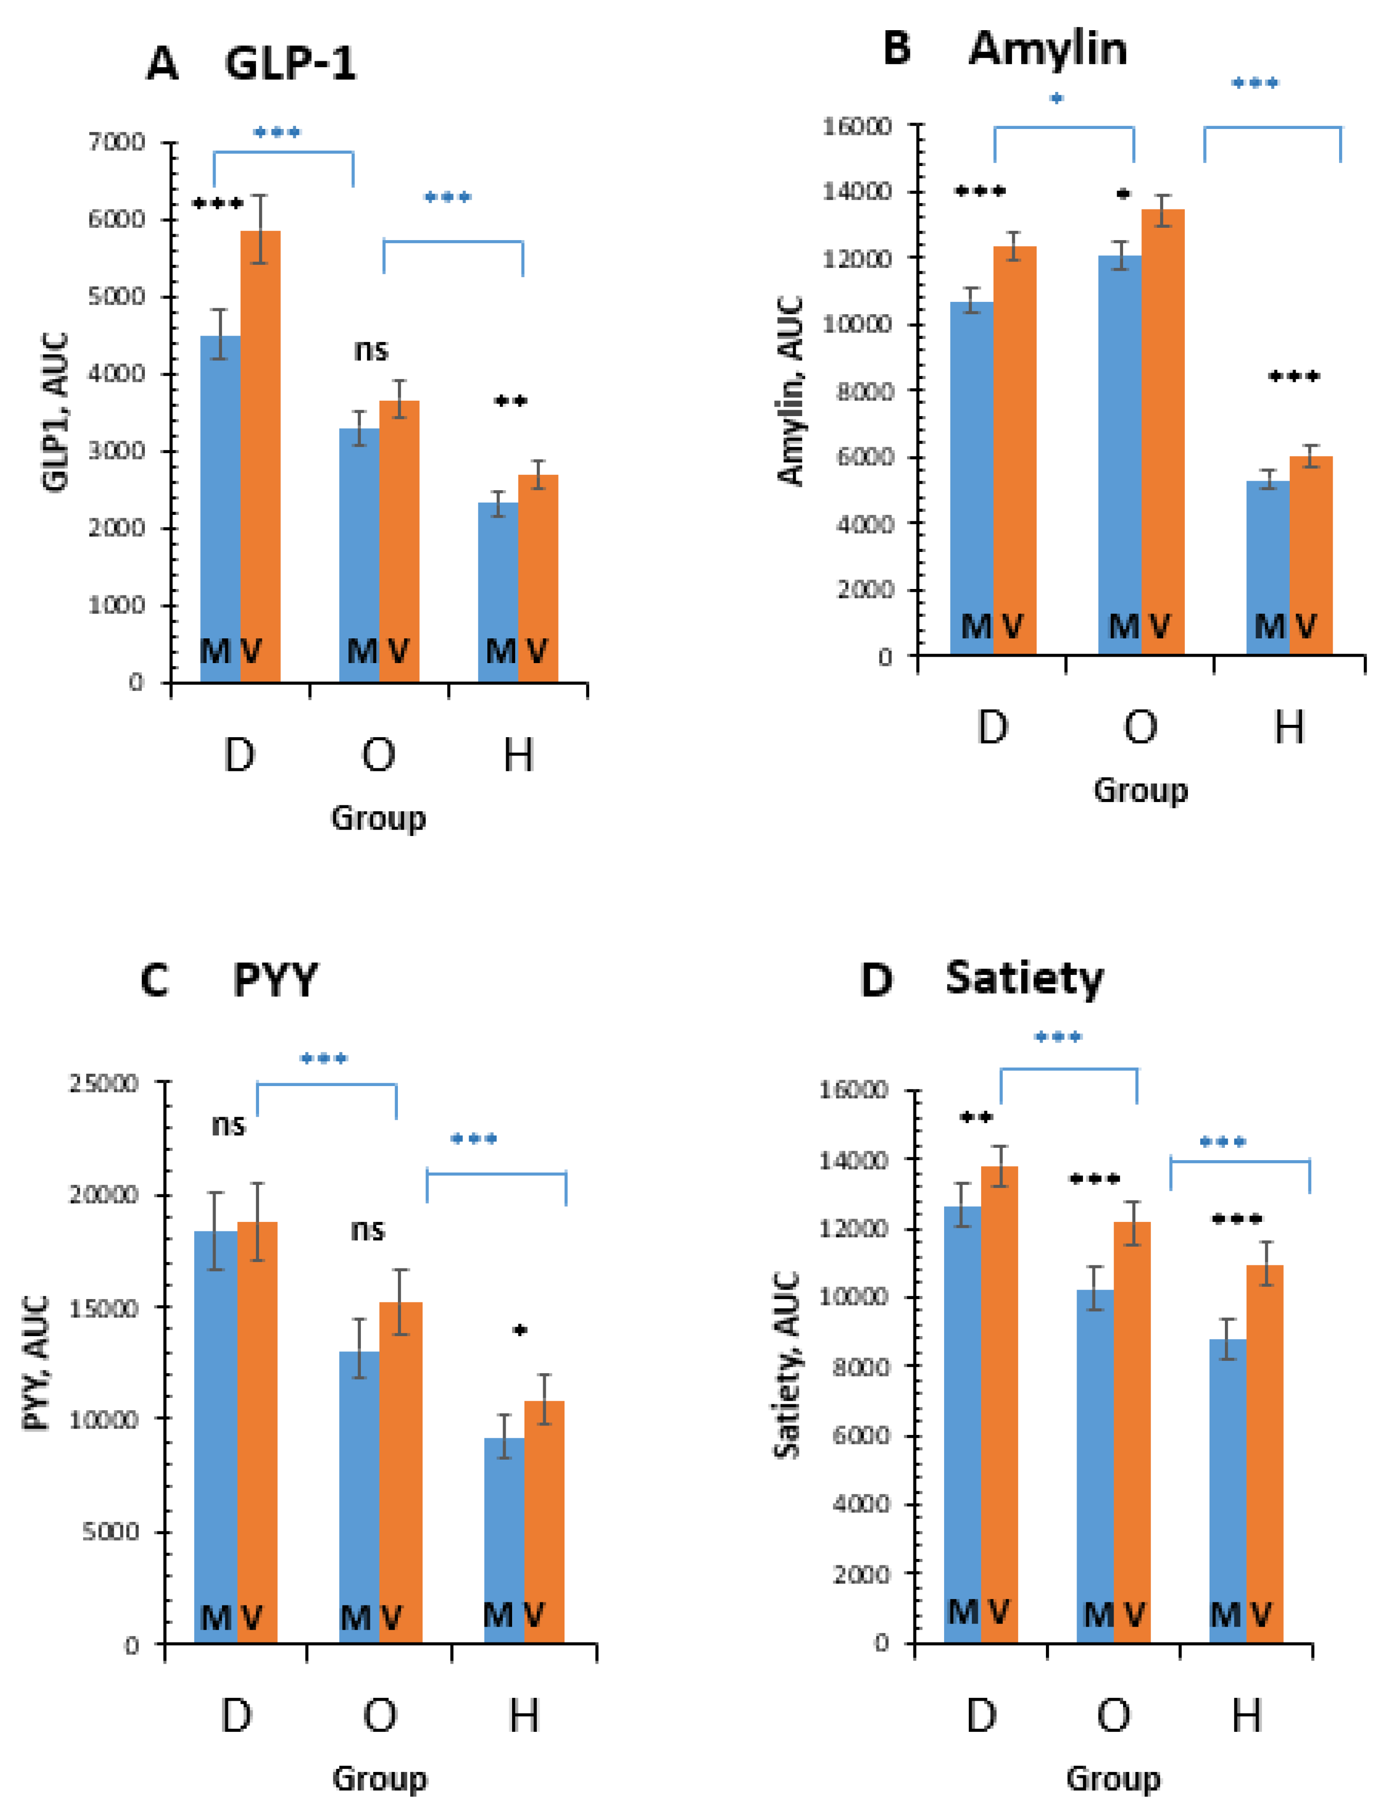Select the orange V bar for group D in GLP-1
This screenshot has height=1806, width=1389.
point(260,455)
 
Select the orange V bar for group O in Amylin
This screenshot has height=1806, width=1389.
point(1163,430)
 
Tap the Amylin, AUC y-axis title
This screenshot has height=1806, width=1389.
point(791,391)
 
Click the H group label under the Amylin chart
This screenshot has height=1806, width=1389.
point(1289,727)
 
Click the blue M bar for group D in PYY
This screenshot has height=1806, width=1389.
point(216,1438)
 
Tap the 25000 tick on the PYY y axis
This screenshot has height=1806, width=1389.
point(103,1083)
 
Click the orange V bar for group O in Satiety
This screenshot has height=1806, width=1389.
point(1132,1430)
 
